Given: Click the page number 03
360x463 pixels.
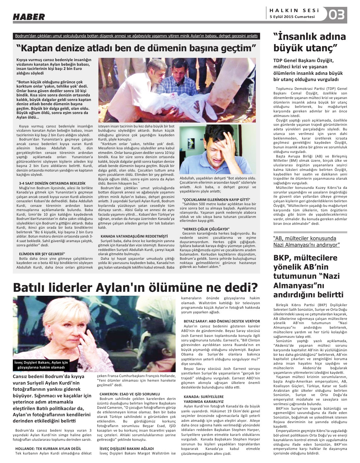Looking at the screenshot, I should click(336, 15).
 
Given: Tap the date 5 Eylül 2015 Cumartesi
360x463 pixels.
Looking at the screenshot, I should click(292, 17).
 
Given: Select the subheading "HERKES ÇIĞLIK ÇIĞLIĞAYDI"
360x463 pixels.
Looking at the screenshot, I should click(206, 229).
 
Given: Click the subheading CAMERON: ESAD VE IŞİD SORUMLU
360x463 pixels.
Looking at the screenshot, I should click(130, 394).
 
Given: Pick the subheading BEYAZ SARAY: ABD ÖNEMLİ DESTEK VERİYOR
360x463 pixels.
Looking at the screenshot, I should click(222, 321).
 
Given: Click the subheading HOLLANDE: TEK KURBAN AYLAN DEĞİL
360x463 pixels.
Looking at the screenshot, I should click(48, 449).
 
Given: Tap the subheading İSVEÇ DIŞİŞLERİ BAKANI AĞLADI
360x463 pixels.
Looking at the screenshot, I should click(127, 449).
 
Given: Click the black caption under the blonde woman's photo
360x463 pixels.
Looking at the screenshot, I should click(41, 365).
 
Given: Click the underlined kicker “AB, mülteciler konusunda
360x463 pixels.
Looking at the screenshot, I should click(306, 241).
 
